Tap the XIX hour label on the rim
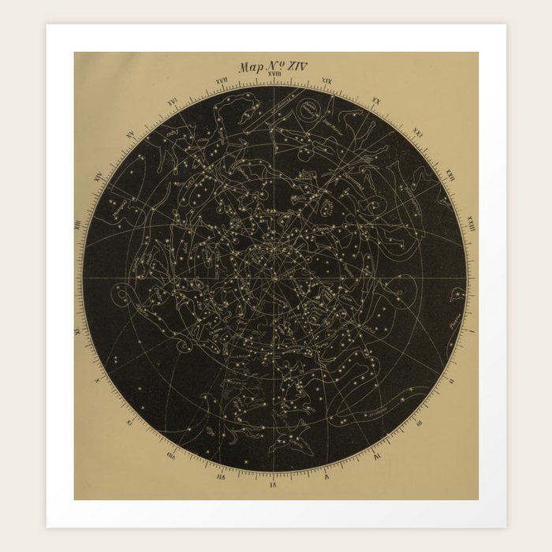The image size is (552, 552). [326, 81]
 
